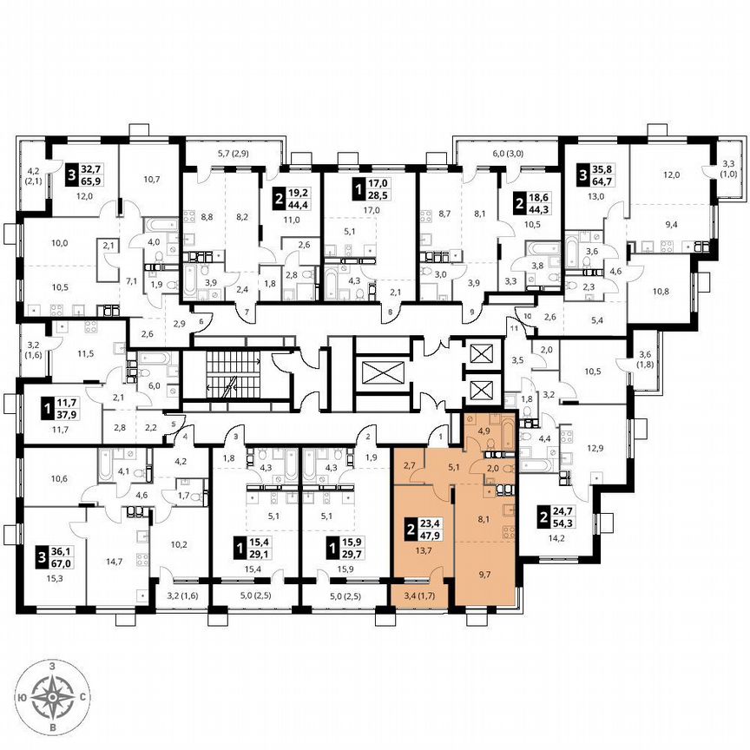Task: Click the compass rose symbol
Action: [53, 695]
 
